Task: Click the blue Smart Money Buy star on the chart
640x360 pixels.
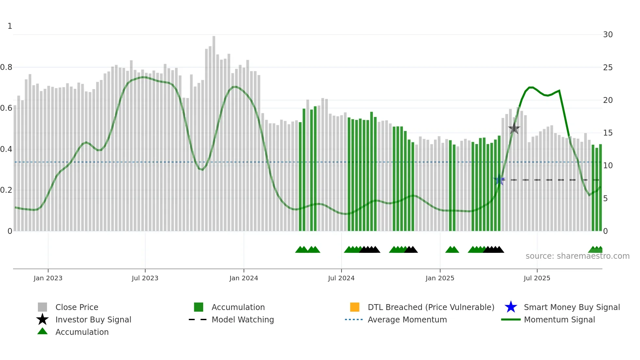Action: (x=499, y=180)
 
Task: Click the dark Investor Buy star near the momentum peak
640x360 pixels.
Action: (x=514, y=128)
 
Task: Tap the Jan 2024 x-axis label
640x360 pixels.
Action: (x=244, y=278)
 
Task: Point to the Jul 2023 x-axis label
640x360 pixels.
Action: (x=145, y=278)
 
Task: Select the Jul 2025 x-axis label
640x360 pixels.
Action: (x=537, y=278)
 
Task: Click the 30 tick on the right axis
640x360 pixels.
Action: (x=608, y=35)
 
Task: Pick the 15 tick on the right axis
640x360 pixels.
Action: (x=608, y=133)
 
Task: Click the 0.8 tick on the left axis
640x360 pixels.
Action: (x=7, y=67)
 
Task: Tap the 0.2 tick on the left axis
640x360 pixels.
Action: (x=7, y=190)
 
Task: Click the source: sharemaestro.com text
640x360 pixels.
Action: (x=577, y=256)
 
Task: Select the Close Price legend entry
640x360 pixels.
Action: (x=77, y=307)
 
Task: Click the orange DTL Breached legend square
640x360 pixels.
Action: (x=355, y=307)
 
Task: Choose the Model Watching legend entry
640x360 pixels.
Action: (x=243, y=319)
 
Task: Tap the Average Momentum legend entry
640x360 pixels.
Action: (x=407, y=319)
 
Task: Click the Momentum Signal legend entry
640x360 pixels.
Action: (x=559, y=319)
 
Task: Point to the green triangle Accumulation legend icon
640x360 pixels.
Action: (x=42, y=332)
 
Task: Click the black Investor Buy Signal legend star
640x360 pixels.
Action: (x=42, y=319)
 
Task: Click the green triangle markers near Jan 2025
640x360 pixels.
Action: (x=452, y=250)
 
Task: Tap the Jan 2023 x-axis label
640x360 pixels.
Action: (x=48, y=278)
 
